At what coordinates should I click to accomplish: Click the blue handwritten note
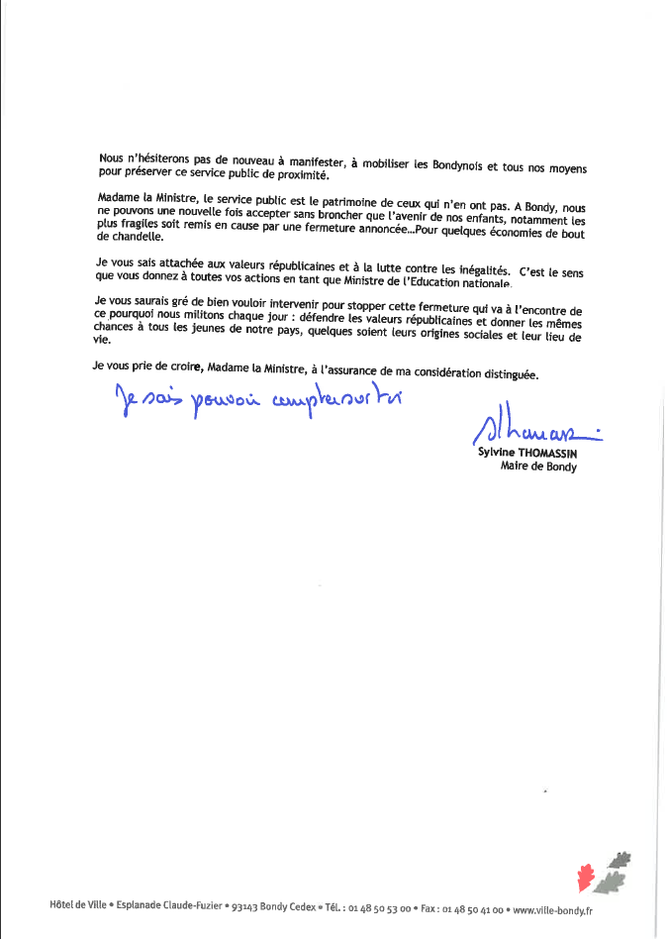coord(246,398)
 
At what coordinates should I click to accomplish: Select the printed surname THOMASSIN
coord(543,454)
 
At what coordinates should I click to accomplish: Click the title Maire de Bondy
coord(538,467)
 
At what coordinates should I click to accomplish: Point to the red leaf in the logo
coord(587,877)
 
